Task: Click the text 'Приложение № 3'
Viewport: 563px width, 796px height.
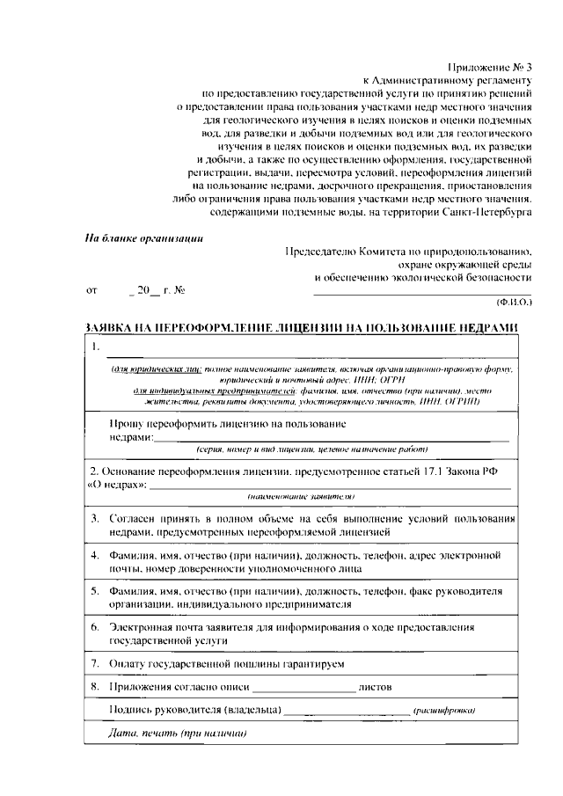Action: click(491, 66)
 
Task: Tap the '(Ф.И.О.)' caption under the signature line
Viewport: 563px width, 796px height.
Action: click(514, 301)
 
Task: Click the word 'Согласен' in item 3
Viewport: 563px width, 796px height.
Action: click(134, 518)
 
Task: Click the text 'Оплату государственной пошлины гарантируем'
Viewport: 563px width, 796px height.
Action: click(225, 662)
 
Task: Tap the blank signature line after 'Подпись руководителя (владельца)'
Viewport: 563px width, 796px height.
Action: click(347, 712)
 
